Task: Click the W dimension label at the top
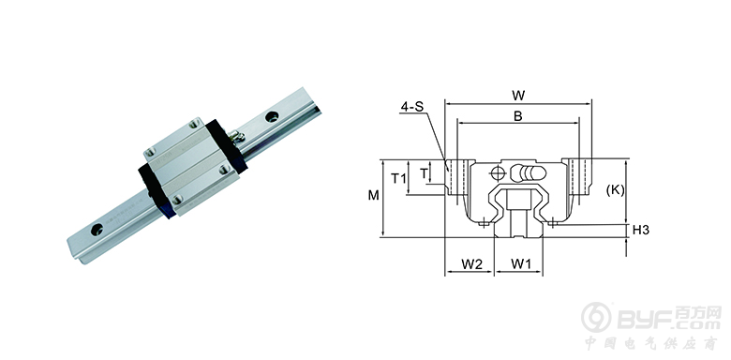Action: (x=518, y=96)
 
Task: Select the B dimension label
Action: (x=518, y=116)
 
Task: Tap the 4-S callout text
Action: (x=411, y=107)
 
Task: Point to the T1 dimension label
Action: (x=398, y=178)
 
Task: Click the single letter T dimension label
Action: (x=424, y=173)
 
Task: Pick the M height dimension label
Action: (x=373, y=195)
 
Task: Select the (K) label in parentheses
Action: (x=616, y=189)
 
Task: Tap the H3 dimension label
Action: (x=641, y=230)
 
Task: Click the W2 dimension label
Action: (x=471, y=264)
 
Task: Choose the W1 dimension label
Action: (x=521, y=264)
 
